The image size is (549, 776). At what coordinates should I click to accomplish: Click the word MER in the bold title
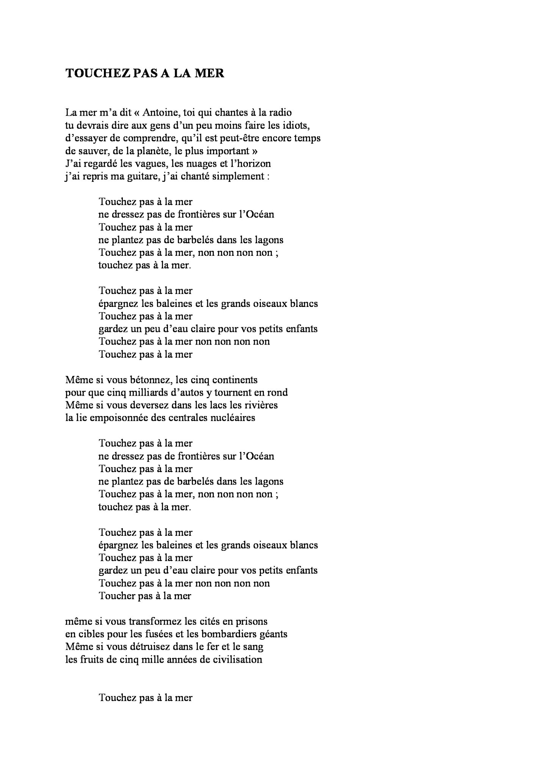pyautogui.click(x=209, y=73)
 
